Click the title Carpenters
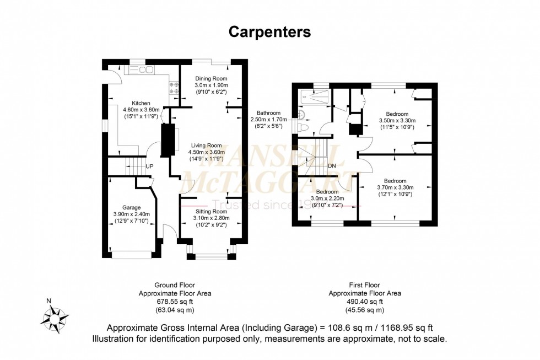tap(269, 32)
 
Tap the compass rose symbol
tap(54, 319)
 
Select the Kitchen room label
tap(141, 103)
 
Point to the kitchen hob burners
tap(174, 88)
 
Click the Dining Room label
tap(211, 78)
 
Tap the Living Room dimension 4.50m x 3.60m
tap(206, 152)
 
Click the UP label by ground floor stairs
tap(149, 166)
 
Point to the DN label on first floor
tap(332, 166)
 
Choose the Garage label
tap(131, 207)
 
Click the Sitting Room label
tap(211, 212)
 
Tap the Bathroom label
tap(269, 113)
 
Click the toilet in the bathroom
tap(304, 127)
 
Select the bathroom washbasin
tap(301, 114)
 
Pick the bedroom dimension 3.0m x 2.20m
tap(327, 199)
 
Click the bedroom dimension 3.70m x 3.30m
tap(396, 188)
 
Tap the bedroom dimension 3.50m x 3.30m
tap(397, 121)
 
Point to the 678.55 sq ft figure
tap(175, 302)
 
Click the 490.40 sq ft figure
tap(365, 302)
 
